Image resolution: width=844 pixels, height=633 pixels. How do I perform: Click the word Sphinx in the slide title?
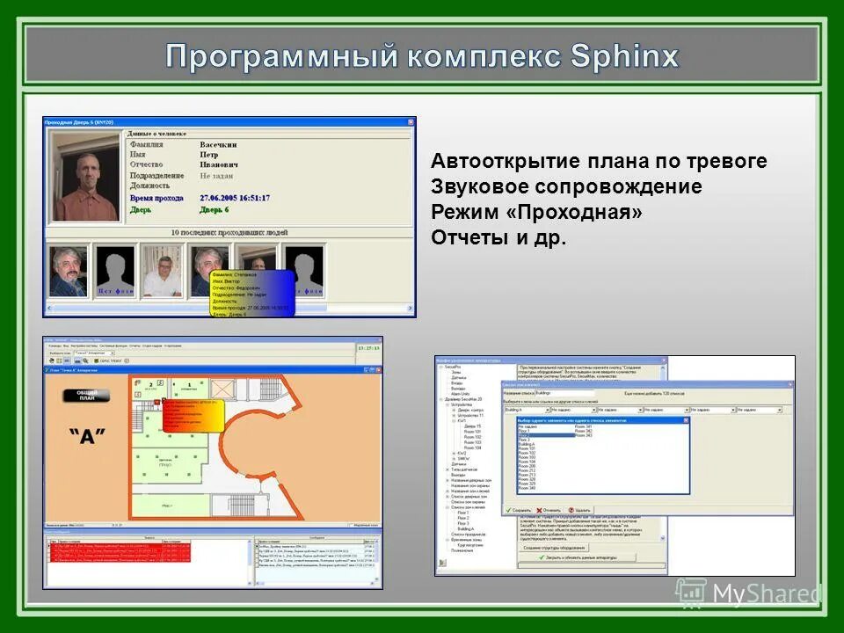pos(624,56)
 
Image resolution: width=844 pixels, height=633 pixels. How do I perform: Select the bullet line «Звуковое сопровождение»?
pos(566,186)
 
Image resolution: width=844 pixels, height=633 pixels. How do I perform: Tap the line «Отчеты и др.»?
pos(498,238)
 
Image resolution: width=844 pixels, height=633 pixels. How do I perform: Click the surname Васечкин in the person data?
pos(218,144)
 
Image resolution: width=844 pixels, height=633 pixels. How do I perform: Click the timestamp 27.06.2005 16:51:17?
pos(235,198)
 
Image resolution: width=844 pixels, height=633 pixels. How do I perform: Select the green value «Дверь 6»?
pos(214,209)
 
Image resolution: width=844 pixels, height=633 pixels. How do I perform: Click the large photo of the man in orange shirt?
pos(85,177)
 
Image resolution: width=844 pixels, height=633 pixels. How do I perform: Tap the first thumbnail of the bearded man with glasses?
pos(69,270)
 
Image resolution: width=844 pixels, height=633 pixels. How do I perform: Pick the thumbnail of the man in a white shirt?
pos(162,271)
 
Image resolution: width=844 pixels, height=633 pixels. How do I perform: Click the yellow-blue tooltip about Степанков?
pos(252,291)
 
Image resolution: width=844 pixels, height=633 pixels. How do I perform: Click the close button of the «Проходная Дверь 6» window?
pos(410,122)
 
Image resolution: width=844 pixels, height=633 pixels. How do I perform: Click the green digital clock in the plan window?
pos(369,348)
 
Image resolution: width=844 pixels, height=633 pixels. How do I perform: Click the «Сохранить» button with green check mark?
pos(520,509)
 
